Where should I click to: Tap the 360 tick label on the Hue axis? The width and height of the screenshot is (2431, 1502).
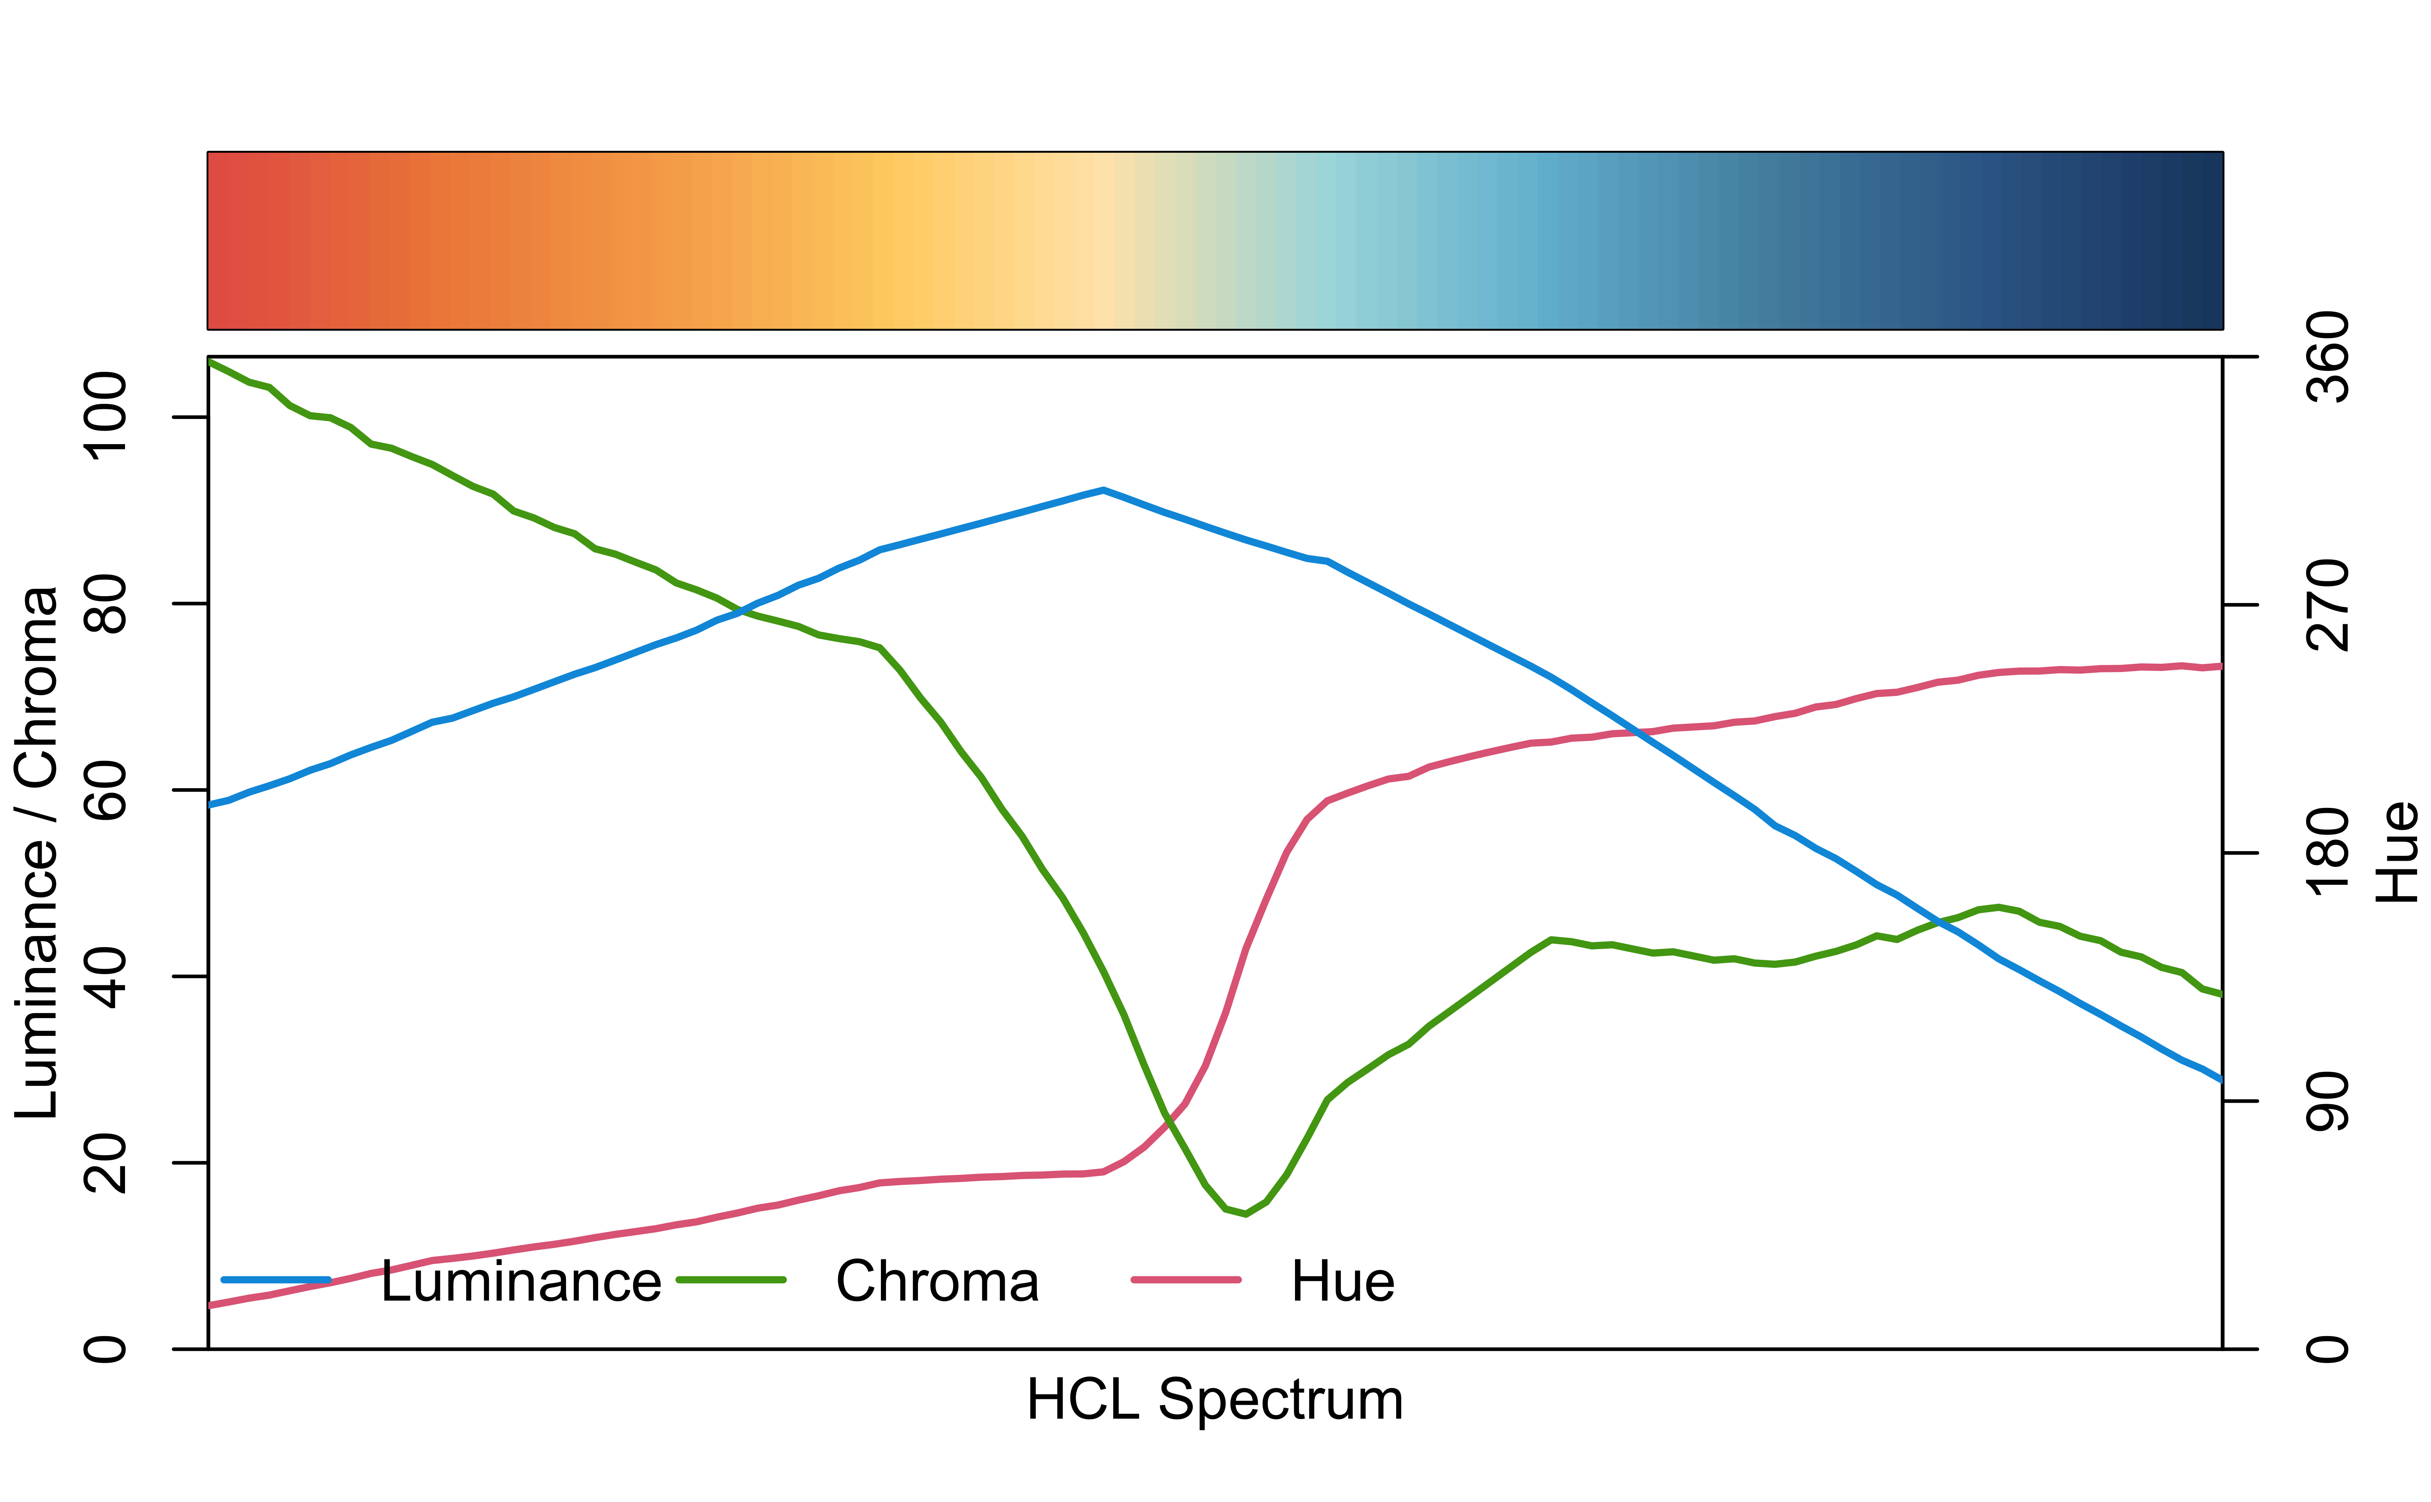[x=2327, y=356]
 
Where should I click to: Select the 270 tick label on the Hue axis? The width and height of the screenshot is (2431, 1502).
[x=2327, y=605]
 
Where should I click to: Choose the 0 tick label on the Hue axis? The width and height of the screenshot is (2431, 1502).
[x=2327, y=1349]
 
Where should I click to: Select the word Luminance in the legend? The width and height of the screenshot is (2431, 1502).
[x=521, y=1281]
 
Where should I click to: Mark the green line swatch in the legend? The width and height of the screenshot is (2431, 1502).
[x=731, y=1279]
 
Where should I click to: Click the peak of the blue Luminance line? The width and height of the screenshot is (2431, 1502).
[x=1103, y=490]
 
